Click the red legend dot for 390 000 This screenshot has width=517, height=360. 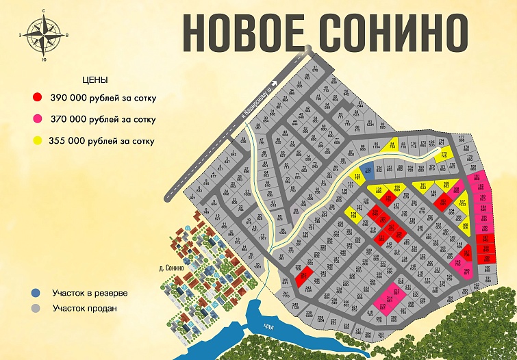pos(38,98)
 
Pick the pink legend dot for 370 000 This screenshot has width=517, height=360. pos(38,119)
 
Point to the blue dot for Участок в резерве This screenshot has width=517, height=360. pos(36,293)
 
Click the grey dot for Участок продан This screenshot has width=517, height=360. pos(36,308)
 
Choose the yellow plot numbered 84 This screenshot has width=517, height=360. pos(392,144)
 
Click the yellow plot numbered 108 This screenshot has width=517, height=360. pos(353,214)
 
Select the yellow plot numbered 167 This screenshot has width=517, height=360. pos(463,203)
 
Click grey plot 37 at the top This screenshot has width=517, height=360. pos(315,68)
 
